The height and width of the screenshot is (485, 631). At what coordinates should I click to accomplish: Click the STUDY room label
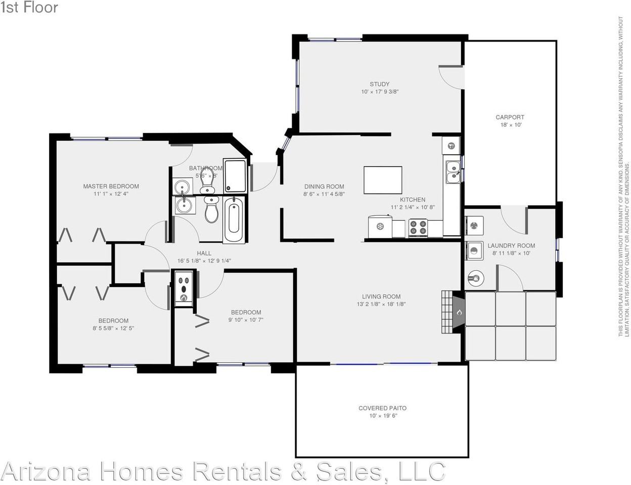379,84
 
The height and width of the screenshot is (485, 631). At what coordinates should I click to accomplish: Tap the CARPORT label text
510,117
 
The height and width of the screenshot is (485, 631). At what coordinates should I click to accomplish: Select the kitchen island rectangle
383,180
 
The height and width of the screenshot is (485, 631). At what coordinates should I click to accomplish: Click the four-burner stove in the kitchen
419,228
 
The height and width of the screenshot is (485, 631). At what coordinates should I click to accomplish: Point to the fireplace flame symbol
459,312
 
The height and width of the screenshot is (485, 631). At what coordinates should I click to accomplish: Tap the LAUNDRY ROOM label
511,246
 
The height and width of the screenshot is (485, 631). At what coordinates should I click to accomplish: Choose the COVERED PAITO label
382,408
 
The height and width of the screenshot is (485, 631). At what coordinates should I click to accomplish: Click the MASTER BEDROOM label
111,186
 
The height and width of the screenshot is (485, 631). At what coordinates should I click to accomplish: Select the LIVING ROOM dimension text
381,304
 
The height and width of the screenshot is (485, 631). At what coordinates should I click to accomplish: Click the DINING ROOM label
324,186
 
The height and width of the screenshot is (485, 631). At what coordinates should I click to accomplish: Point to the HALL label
204,254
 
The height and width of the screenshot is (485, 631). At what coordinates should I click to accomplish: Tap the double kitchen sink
453,172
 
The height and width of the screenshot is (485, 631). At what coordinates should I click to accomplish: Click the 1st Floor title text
29,8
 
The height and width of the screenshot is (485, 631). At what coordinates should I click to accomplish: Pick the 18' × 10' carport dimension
510,125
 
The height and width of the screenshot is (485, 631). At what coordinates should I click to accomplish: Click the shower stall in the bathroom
235,176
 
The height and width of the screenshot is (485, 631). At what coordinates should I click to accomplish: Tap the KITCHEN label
413,200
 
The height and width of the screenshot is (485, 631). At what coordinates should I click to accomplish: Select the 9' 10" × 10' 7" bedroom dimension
246,320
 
